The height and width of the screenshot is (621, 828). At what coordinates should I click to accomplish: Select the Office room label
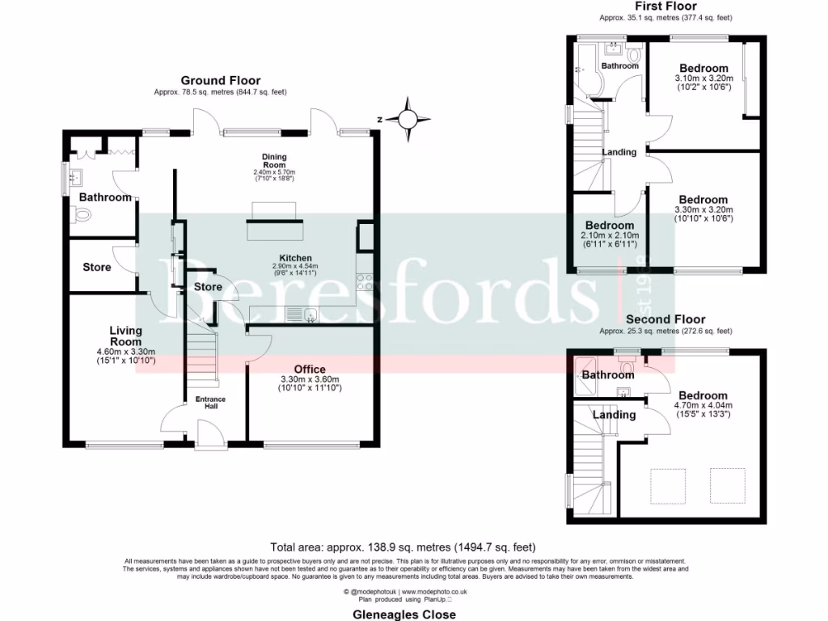point(309,370)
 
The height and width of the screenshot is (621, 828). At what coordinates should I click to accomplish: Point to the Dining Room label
point(274,161)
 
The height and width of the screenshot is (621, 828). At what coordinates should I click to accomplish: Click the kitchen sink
point(309,315)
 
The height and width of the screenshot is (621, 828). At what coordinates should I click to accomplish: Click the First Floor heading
point(665,6)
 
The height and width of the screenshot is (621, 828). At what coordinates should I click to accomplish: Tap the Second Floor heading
point(665,319)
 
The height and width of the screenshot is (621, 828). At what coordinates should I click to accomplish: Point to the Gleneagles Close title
point(404,614)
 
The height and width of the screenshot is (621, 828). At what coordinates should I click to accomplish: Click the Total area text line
point(404,547)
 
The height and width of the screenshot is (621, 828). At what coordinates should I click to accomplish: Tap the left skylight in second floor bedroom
point(668,484)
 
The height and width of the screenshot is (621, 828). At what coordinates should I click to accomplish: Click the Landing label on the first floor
point(619,152)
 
